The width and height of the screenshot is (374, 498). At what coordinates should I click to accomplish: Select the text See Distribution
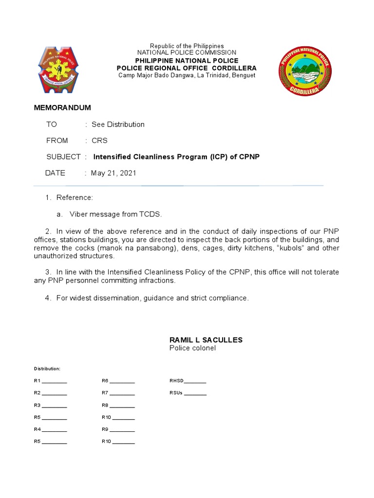(x=118, y=124)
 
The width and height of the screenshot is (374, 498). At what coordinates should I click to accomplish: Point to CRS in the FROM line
(x=99, y=141)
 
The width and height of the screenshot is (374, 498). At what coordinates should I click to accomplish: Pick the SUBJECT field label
(x=63, y=157)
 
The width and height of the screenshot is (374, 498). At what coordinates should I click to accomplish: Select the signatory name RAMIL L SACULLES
(x=206, y=340)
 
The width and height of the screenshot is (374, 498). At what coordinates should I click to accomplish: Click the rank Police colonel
(x=192, y=348)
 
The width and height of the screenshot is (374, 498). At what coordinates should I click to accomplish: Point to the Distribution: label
(x=47, y=369)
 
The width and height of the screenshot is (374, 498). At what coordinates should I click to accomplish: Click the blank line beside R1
(x=55, y=381)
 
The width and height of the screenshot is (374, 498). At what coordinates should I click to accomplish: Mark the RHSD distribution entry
(x=187, y=381)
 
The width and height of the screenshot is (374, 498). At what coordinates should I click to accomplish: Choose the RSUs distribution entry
(x=187, y=393)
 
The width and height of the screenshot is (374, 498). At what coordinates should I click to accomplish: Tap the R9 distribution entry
(x=118, y=429)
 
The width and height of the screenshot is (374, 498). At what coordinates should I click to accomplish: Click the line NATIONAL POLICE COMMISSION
(x=187, y=53)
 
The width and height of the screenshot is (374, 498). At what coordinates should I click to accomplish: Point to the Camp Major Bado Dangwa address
(x=187, y=75)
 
